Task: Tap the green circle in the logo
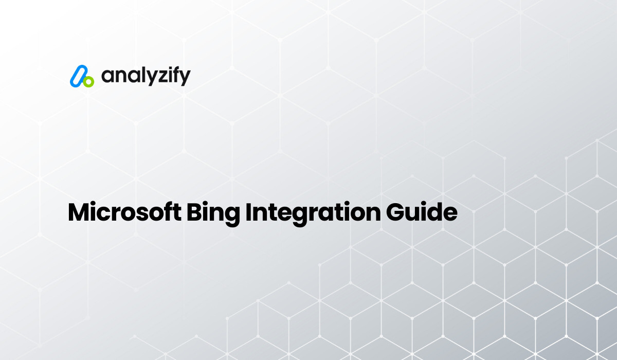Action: pyautogui.click(x=88, y=81)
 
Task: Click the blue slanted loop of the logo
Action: pyautogui.click(x=77, y=76)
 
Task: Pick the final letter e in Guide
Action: pyautogui.click(x=450, y=214)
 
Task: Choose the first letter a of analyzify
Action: pyautogui.click(x=106, y=77)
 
